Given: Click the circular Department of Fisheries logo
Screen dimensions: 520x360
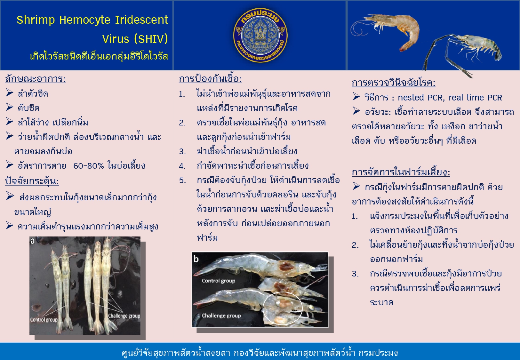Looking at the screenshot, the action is (x=260, y=35).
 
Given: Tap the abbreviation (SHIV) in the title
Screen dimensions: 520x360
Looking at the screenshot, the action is (x=151, y=39).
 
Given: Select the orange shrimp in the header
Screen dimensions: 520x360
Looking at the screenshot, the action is (x=385, y=29).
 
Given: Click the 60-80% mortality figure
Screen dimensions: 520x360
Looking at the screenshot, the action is (x=88, y=166).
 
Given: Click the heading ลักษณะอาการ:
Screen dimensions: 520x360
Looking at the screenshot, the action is (x=35, y=79).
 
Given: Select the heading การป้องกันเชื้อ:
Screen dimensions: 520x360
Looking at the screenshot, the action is (x=210, y=79).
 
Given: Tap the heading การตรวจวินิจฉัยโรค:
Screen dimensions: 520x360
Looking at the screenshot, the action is (x=394, y=83).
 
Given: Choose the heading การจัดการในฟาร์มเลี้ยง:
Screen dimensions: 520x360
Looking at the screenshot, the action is (x=401, y=172).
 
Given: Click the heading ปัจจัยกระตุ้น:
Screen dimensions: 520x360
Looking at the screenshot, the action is (x=32, y=181).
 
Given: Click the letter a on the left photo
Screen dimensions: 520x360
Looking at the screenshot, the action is (x=33, y=241).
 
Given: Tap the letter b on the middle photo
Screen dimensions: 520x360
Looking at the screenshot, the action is (x=196, y=259).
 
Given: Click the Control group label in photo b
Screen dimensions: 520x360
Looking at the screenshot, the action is (x=219, y=281).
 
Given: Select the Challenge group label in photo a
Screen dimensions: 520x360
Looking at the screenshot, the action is (x=124, y=316).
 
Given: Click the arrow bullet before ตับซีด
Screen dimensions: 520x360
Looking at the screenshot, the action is (x=10, y=107).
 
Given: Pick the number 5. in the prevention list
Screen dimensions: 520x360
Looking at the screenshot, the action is (x=182, y=180).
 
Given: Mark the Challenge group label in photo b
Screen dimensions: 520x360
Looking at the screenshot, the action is (x=221, y=316).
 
